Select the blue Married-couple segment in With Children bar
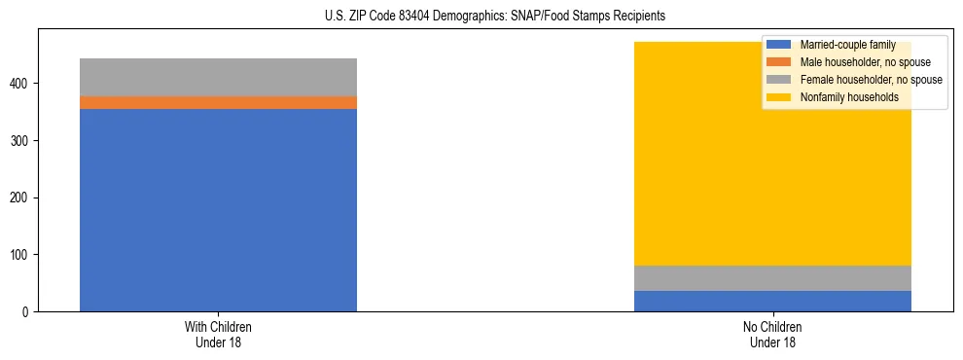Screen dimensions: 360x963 tap(218, 209)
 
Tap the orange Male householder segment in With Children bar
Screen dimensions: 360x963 tap(218, 102)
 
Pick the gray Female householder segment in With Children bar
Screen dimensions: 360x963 tap(218, 77)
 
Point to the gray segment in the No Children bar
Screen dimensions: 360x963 tap(772, 278)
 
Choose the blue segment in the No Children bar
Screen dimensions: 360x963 tap(772, 301)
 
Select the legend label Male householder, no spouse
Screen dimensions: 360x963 tap(865, 62)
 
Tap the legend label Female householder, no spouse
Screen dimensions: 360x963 tap(871, 80)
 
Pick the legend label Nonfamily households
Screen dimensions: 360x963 tap(849, 97)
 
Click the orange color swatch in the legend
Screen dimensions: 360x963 tap(779, 62)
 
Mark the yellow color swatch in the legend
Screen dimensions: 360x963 tap(779, 97)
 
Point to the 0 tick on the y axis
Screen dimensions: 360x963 tap(27, 312)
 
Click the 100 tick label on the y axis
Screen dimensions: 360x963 tap(21, 255)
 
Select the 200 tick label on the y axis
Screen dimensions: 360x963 tap(21, 198)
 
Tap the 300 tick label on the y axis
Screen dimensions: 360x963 tap(21, 141)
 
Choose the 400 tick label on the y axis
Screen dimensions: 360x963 tap(21, 84)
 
